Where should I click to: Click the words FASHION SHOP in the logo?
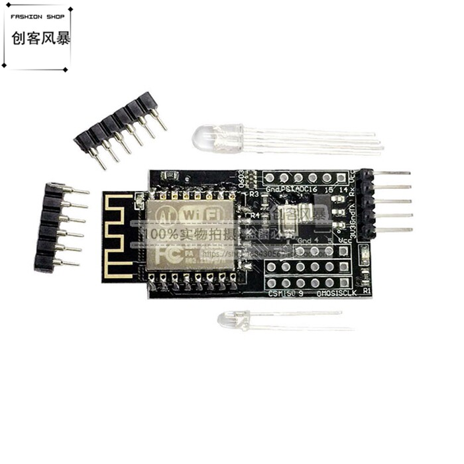coord(36,18)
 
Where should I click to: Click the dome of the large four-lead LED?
coord(203,137)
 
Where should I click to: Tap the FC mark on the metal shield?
coord(166,253)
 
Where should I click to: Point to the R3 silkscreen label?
coord(254,195)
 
